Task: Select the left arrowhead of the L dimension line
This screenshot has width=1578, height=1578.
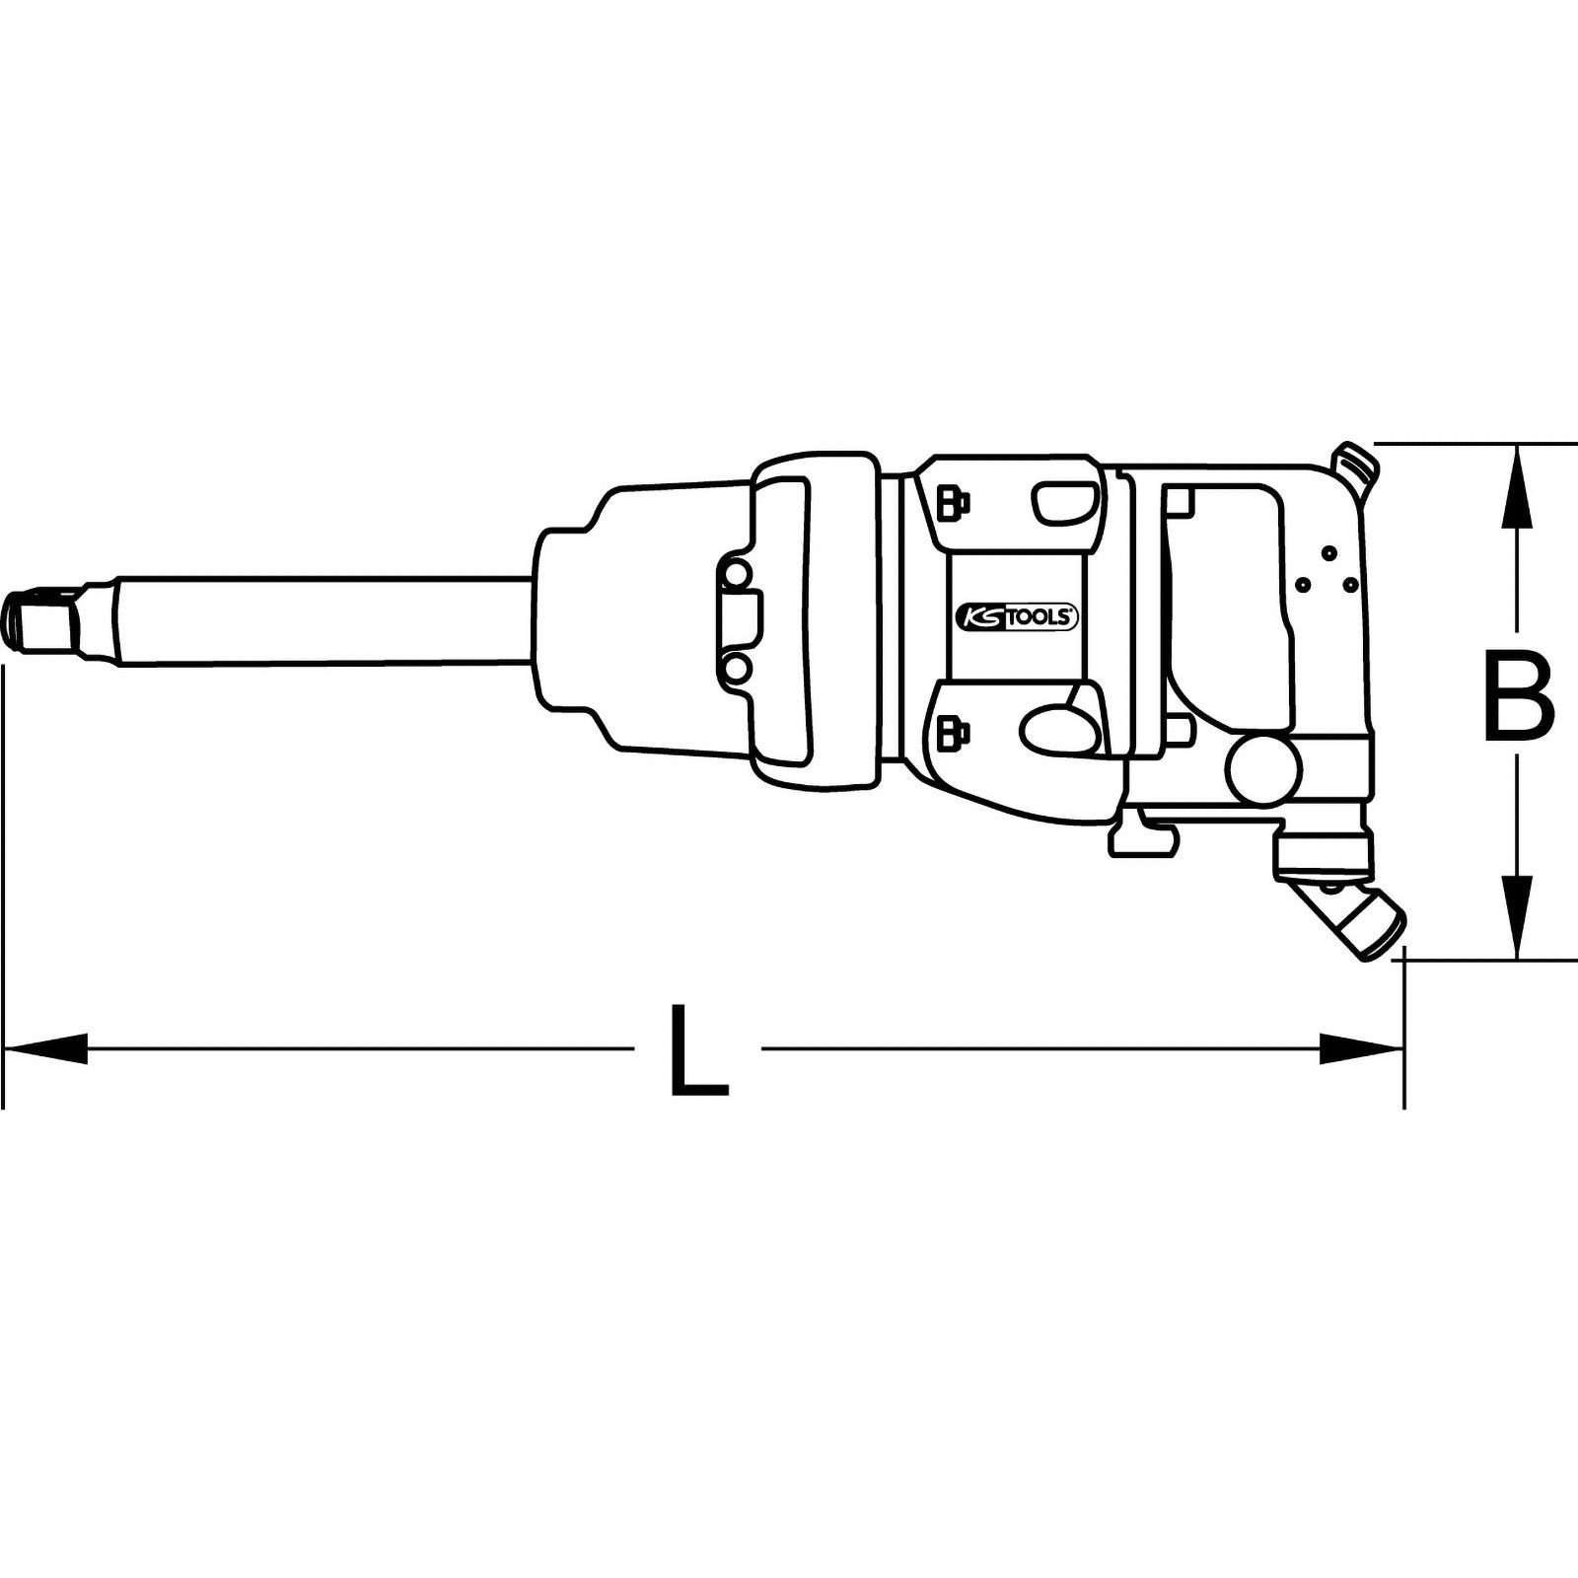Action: click(44, 1049)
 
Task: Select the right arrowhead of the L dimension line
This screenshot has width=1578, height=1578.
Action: click(1362, 1049)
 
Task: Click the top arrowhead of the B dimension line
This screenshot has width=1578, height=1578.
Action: click(1517, 485)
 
